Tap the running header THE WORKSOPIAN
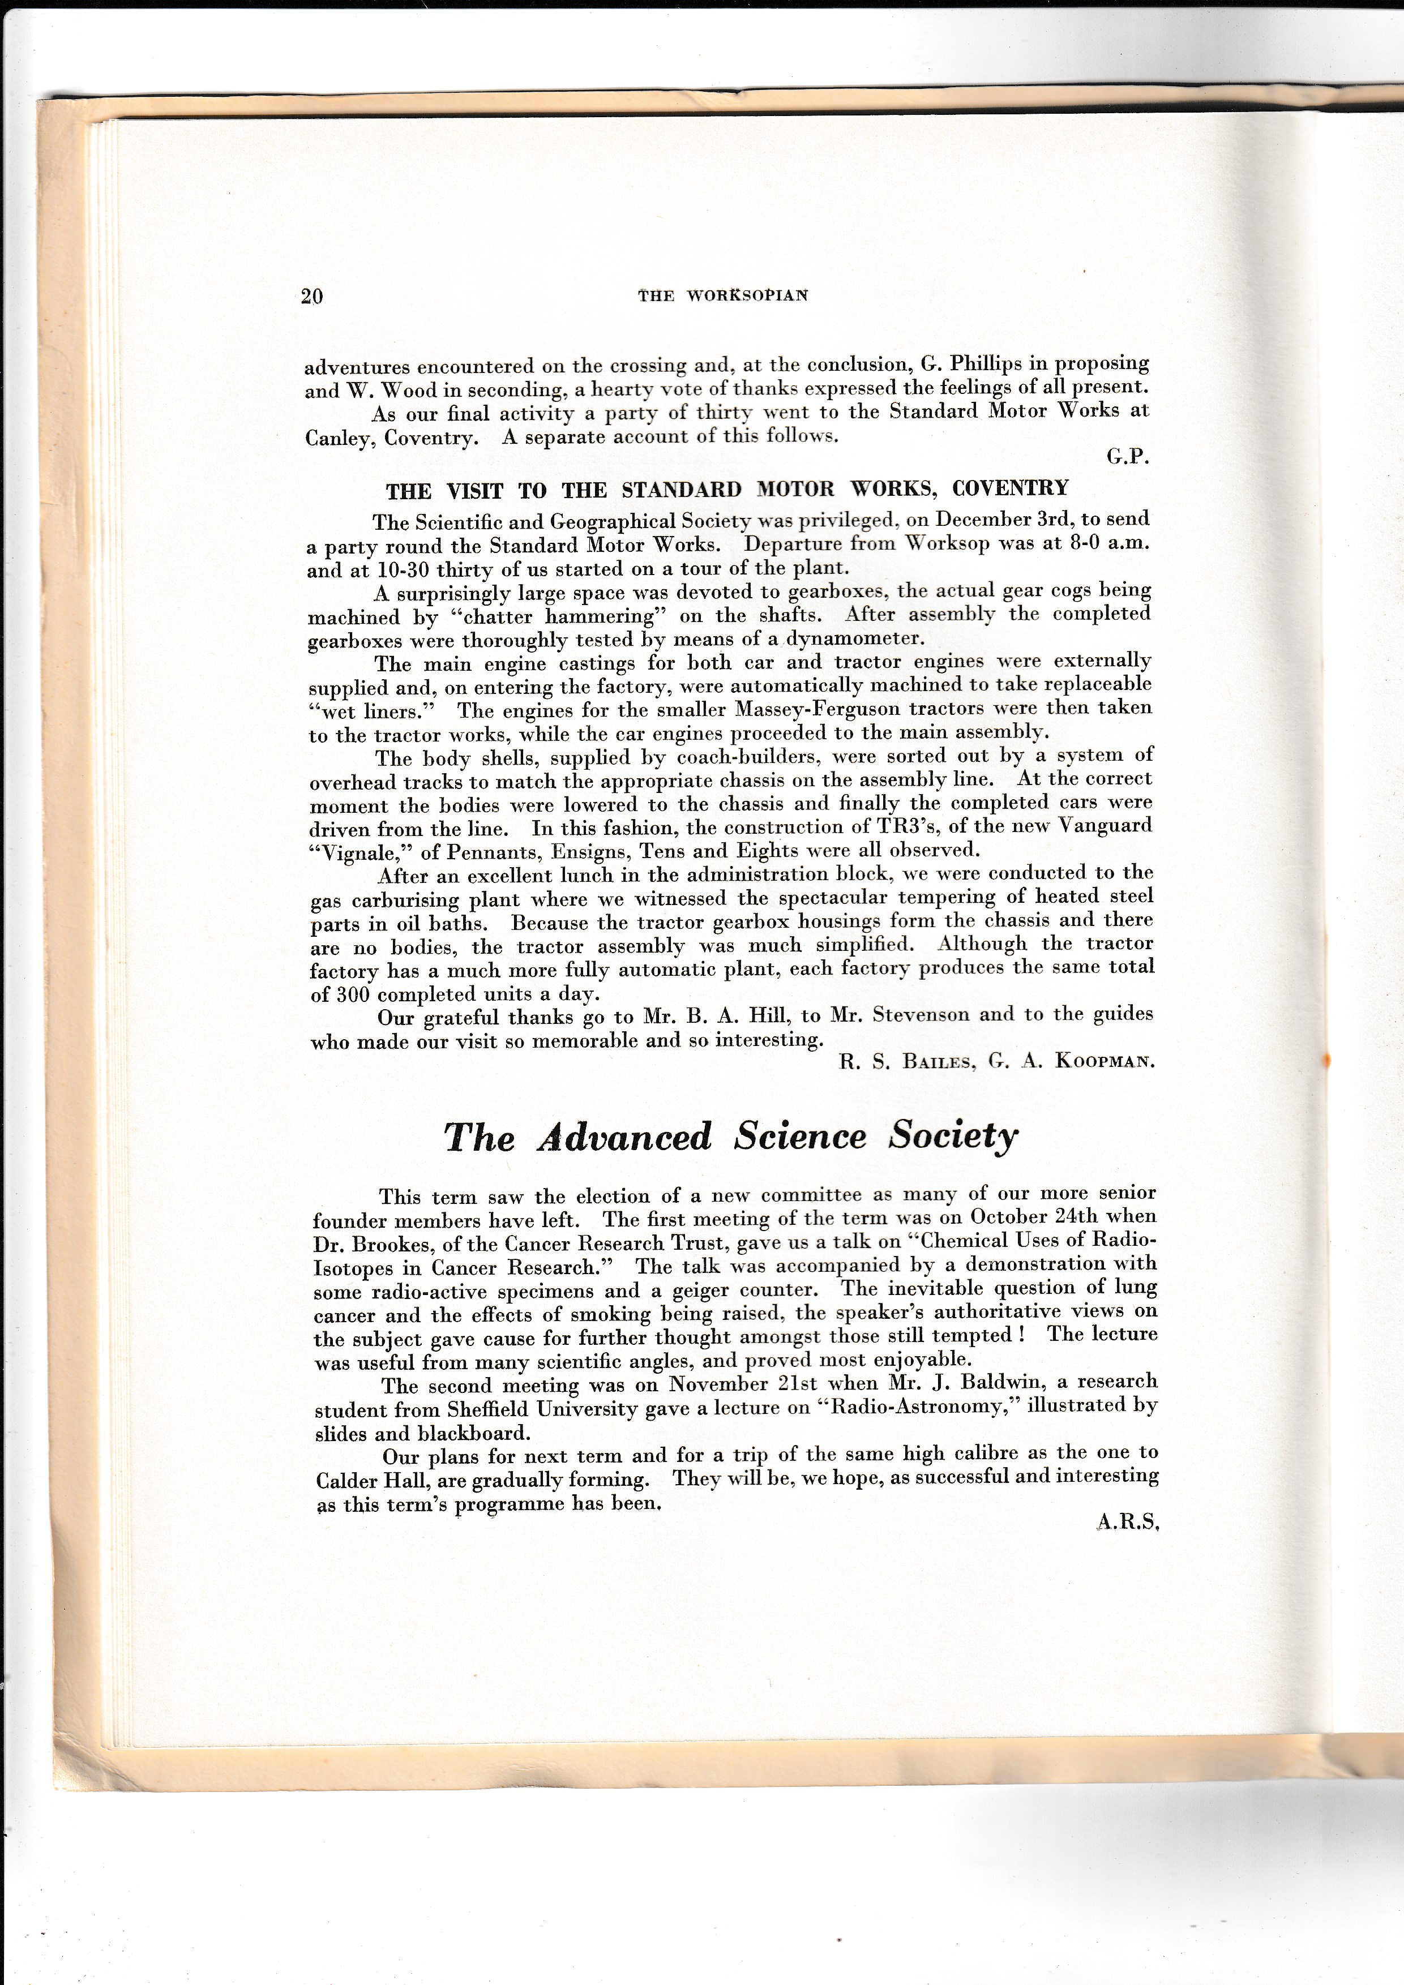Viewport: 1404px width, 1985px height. pyautogui.click(x=723, y=295)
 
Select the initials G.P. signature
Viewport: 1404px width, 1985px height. pyautogui.click(x=1127, y=458)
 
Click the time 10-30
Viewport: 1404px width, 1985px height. pyautogui.click(x=377, y=570)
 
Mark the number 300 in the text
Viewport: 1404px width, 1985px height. pyautogui.click(x=352, y=994)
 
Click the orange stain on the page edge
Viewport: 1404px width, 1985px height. pyautogui.click(x=1327, y=1058)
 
